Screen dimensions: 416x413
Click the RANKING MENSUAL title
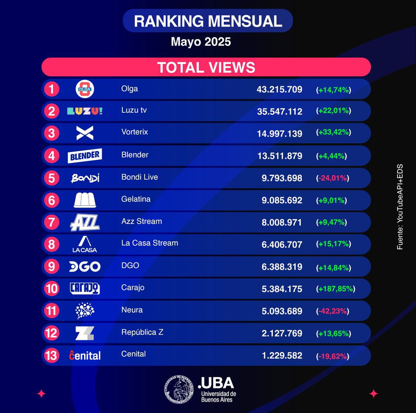click(x=207, y=21)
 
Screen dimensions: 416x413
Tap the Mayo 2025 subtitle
click(x=201, y=42)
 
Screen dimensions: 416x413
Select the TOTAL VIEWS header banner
click(x=206, y=67)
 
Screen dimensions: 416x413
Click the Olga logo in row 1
click(x=85, y=89)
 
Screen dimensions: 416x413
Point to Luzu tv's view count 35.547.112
click(x=280, y=112)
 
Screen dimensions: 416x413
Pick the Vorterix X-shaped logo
click(x=85, y=133)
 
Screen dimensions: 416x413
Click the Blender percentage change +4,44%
click(x=331, y=156)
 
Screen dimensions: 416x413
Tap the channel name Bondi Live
click(x=140, y=177)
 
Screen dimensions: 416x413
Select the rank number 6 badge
click(x=52, y=200)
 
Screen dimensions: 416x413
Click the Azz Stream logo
click(x=85, y=222)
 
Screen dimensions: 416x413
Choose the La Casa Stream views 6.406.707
click(x=282, y=244)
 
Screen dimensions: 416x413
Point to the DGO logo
click(x=85, y=267)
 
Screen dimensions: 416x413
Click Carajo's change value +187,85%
click(x=335, y=289)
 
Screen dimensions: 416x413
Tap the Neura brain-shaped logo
click(x=85, y=311)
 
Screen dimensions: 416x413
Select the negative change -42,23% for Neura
click(x=332, y=311)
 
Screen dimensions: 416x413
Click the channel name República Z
click(x=142, y=332)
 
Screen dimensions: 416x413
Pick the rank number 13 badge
click(x=52, y=356)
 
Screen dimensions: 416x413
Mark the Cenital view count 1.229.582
click(x=282, y=356)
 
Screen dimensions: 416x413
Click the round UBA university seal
click(x=179, y=389)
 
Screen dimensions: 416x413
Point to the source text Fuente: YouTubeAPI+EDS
click(x=400, y=207)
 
